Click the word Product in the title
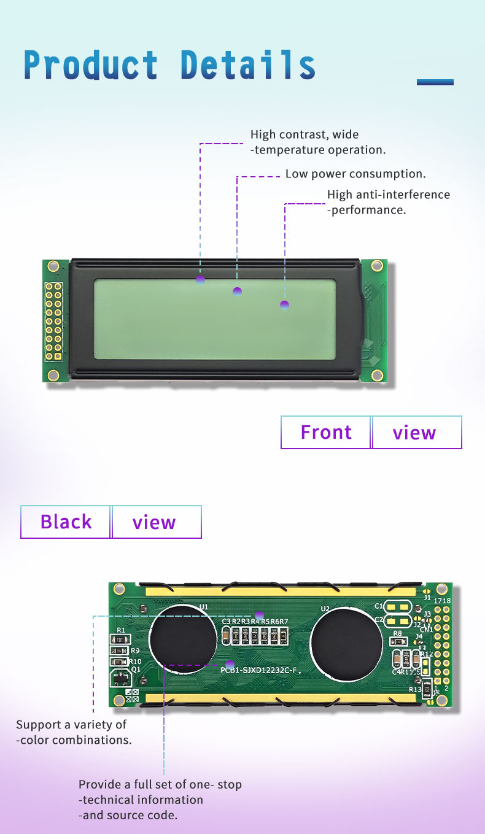point(91,65)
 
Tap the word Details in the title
point(248,65)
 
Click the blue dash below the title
point(435,82)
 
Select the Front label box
point(326,432)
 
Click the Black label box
point(66,522)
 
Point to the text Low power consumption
point(355,174)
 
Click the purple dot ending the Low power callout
point(237,291)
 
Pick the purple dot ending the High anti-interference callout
point(284,304)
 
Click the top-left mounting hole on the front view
point(53,266)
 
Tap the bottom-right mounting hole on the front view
point(377,375)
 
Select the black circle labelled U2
point(346,643)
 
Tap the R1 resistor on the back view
point(120,639)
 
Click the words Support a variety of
point(71,725)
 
